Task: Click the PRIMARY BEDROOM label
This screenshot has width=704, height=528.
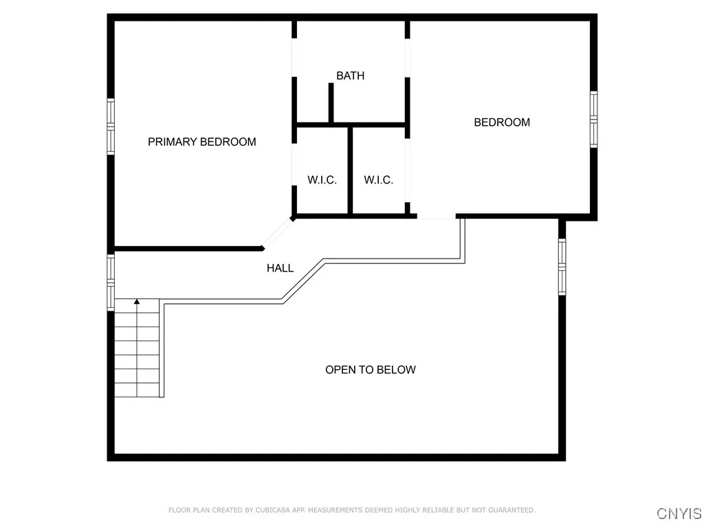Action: pyautogui.click(x=202, y=142)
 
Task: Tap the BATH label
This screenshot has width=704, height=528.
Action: pyautogui.click(x=350, y=76)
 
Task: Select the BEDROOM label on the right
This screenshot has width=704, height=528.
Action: pyautogui.click(x=502, y=122)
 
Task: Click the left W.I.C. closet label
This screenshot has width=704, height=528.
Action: pyautogui.click(x=322, y=180)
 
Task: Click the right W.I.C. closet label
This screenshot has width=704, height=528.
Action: pyautogui.click(x=378, y=180)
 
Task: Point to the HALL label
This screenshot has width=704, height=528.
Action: pyautogui.click(x=280, y=268)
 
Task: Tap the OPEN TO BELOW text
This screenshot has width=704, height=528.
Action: pyautogui.click(x=370, y=370)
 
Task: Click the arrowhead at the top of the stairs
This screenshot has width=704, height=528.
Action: pyautogui.click(x=137, y=301)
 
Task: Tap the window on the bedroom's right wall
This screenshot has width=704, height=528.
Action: pyautogui.click(x=593, y=119)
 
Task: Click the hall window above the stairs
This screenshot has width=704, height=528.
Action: pyautogui.click(x=110, y=282)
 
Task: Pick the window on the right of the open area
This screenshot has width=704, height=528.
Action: pyautogui.click(x=562, y=266)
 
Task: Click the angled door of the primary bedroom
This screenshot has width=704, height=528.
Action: pyautogui.click(x=277, y=233)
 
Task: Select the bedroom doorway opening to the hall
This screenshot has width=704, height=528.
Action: pyautogui.click(x=436, y=217)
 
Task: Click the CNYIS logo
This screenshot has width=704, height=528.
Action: pyautogui.click(x=679, y=514)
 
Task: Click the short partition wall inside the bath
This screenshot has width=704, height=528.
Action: pyautogui.click(x=331, y=104)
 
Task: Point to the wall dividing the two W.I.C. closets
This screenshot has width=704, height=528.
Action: pyautogui.click(x=350, y=170)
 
